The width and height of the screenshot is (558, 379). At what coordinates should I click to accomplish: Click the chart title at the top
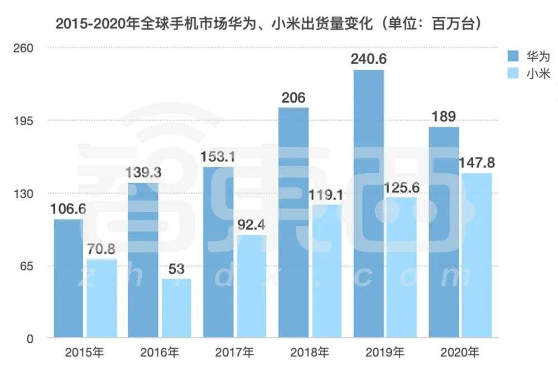click(x=268, y=25)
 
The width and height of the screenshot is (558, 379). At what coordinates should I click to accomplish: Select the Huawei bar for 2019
click(x=368, y=204)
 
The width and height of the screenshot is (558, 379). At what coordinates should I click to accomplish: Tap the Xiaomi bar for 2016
click(x=176, y=308)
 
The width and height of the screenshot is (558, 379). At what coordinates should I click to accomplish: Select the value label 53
click(x=176, y=269)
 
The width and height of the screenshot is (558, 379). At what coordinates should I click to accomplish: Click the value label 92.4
click(x=252, y=225)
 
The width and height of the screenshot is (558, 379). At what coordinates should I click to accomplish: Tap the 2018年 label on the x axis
click(x=310, y=353)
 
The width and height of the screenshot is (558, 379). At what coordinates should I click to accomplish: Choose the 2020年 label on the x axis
click(x=459, y=353)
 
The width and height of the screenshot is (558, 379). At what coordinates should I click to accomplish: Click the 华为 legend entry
click(x=528, y=56)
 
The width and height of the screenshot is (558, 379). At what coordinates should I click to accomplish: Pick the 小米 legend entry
click(x=528, y=73)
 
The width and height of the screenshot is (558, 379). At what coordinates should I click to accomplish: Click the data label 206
click(x=293, y=98)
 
